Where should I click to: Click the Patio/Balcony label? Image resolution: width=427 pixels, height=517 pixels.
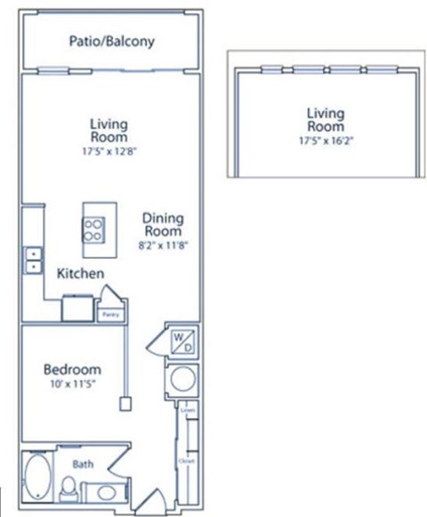[111, 41]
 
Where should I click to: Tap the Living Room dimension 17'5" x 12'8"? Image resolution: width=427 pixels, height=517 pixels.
[109, 149]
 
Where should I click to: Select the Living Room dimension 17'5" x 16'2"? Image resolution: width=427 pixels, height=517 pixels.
[325, 140]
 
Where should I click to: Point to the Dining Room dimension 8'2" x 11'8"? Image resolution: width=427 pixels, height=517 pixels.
[163, 242]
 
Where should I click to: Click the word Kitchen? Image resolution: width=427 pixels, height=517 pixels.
[81, 274]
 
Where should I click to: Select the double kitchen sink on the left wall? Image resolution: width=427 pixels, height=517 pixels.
[33, 260]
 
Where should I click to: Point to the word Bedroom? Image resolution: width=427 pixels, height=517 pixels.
[72, 369]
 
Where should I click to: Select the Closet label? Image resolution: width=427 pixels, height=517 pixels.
[185, 463]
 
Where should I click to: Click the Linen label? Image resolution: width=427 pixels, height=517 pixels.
[185, 411]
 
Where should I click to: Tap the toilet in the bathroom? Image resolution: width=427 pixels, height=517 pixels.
[69, 487]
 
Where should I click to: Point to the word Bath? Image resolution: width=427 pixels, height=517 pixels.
[83, 464]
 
